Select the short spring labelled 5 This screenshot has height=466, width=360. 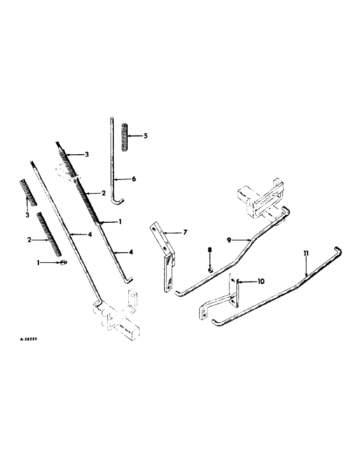click(125, 137)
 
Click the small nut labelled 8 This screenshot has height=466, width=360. click(211, 270)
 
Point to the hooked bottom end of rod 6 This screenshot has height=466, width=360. click(118, 201)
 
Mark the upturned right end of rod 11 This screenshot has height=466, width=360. click(339, 252)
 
